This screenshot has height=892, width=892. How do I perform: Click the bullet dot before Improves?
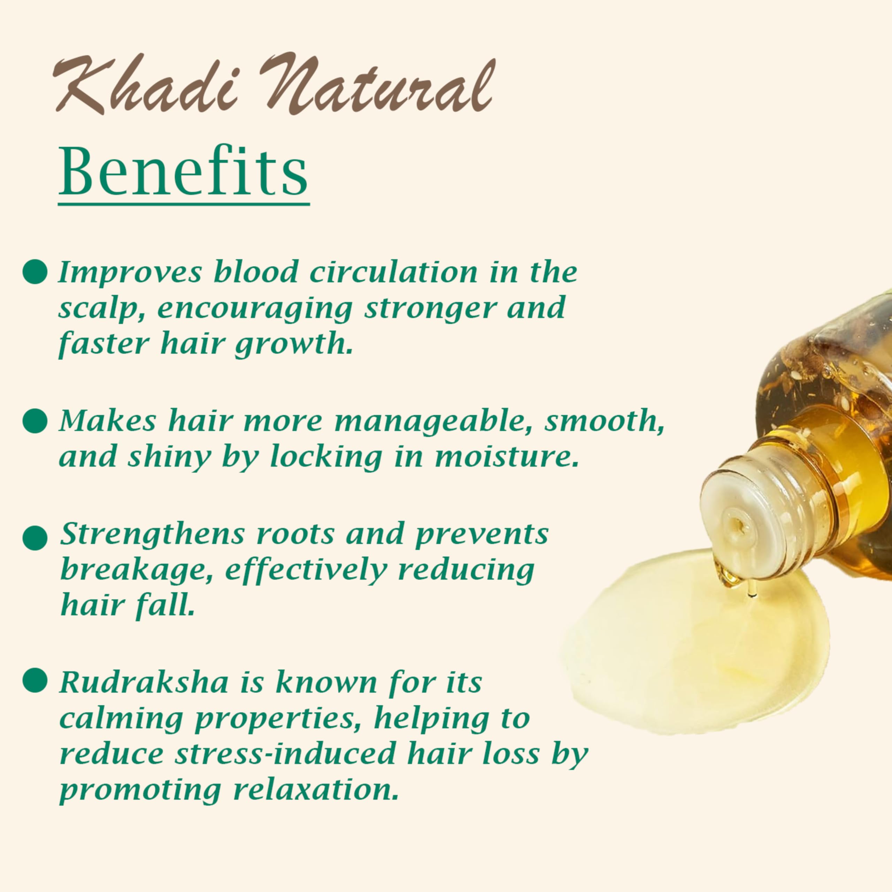(x=35, y=271)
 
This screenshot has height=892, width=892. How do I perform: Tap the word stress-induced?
(x=285, y=753)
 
